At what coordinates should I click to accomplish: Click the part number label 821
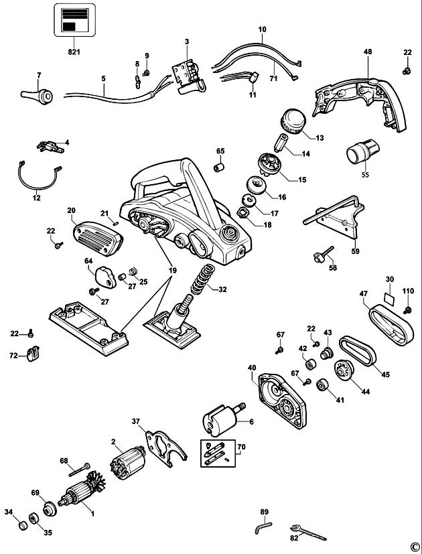coord(74,52)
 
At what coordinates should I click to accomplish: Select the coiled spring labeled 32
coord(203,279)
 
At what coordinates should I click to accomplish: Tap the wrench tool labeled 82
coord(308,533)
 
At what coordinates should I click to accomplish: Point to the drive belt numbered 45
coord(358,351)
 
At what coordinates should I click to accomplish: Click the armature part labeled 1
coord(82,488)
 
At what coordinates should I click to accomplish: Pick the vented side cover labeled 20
coord(98,238)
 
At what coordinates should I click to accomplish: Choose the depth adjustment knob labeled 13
coord(293,121)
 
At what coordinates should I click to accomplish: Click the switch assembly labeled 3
coord(188,76)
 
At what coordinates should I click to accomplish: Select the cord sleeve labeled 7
coord(37,96)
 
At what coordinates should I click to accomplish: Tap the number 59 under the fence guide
coord(355,251)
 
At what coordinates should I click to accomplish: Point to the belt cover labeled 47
coord(391,324)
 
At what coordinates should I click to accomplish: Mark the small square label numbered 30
coord(389,299)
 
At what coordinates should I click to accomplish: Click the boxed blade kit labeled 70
coord(218,454)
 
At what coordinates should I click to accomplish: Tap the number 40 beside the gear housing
coord(252,368)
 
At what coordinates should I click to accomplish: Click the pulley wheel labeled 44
coord(344,370)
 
